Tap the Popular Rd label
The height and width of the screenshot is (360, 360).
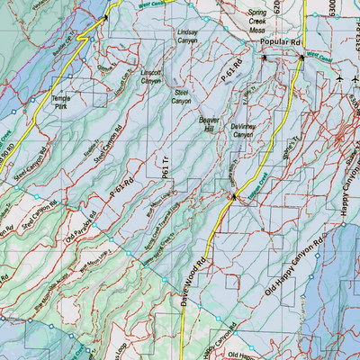coord(278,42)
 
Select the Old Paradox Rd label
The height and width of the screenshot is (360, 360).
coord(80,229)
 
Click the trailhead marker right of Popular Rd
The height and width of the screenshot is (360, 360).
coord(301,58)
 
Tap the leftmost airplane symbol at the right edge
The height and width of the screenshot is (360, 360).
coord(338,80)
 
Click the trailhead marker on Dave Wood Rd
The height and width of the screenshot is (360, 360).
coord(233,195)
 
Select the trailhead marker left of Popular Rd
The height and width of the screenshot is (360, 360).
coord(264,58)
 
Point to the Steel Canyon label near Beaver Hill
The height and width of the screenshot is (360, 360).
coord(183,95)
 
